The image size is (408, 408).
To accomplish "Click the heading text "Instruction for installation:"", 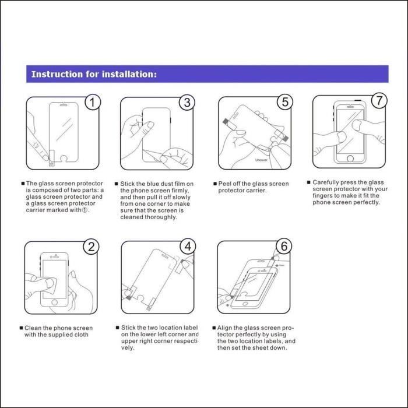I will [x=93, y=75].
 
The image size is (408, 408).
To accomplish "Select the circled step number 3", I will [x=187, y=103].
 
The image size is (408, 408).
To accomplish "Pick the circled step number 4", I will [x=187, y=247].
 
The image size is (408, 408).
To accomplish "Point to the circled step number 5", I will [x=284, y=103].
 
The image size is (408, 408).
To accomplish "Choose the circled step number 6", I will [x=283, y=247].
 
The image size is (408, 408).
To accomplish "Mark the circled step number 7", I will [x=379, y=101].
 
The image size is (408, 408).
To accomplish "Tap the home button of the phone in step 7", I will [x=350, y=158].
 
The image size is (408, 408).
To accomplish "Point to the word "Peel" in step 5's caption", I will [x=225, y=184].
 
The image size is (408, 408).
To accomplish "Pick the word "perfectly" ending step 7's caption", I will [x=365, y=202].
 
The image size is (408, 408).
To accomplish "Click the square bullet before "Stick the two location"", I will [x=117, y=328].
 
